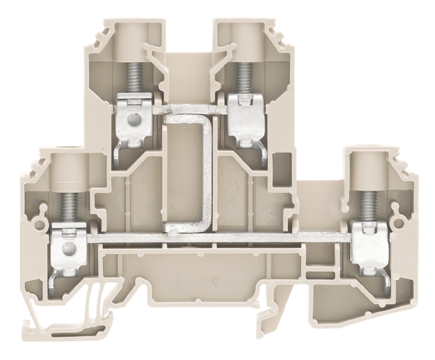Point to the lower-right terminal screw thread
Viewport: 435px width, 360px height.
click(368, 205)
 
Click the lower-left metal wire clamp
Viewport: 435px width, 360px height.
click(69, 247)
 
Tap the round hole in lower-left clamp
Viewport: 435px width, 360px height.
click(68, 248)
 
